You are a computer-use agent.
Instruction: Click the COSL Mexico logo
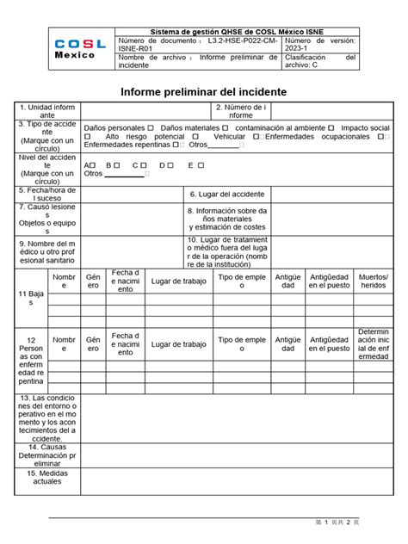click(81, 49)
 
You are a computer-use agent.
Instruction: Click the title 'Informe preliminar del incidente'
click(203, 91)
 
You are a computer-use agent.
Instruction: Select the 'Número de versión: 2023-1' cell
click(318, 45)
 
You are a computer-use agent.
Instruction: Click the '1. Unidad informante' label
click(47, 110)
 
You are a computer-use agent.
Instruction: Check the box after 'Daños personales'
click(151, 127)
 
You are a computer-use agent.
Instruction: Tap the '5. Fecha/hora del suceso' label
click(47, 195)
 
